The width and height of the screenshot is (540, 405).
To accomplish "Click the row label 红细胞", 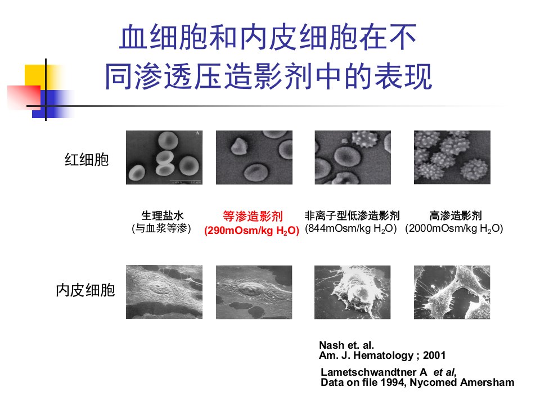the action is pyautogui.click(x=87, y=160).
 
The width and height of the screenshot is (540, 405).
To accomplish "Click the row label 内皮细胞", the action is pyautogui.click(x=85, y=290).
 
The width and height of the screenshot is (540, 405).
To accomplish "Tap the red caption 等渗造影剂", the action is pyautogui.click(x=253, y=216).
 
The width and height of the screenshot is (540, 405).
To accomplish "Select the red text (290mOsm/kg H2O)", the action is pyautogui.click(x=251, y=230).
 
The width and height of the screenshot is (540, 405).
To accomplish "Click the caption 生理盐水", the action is pyautogui.click(x=162, y=215).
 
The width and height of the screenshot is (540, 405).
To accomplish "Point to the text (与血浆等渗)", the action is pyautogui.click(x=161, y=228).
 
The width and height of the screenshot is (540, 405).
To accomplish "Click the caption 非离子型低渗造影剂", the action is pyautogui.click(x=352, y=215).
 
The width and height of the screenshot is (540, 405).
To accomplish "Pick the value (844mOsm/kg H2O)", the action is pyautogui.click(x=351, y=228).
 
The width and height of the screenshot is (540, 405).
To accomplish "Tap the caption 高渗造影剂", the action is pyautogui.click(x=455, y=215).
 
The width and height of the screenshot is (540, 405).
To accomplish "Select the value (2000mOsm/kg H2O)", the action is pyautogui.click(x=454, y=228).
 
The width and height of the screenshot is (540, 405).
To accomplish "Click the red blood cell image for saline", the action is pyautogui.click(x=164, y=157).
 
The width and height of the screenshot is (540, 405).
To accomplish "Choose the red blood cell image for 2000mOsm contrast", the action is pyautogui.click(x=452, y=157).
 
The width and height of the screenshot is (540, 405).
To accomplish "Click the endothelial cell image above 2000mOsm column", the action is pyautogui.click(x=452, y=292).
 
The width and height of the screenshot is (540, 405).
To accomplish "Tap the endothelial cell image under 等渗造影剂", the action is pyautogui.click(x=254, y=292).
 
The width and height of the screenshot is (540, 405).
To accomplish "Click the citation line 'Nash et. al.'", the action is pyautogui.click(x=346, y=345).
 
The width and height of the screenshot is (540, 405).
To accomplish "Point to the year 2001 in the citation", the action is pyautogui.click(x=434, y=355).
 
